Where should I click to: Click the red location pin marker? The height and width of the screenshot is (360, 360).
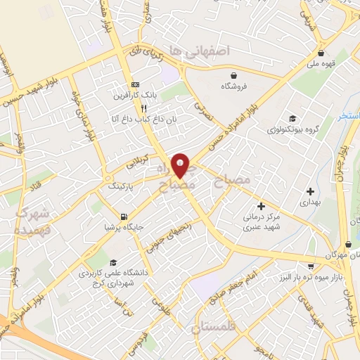tap(181, 166)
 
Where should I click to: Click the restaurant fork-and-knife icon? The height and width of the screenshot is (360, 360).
tap(143, 108)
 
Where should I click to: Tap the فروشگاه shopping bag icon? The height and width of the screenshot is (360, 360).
tap(233, 75)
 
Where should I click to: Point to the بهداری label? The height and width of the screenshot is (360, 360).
tap(310, 202)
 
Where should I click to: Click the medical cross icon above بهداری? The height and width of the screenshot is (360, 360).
tap(310, 191)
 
